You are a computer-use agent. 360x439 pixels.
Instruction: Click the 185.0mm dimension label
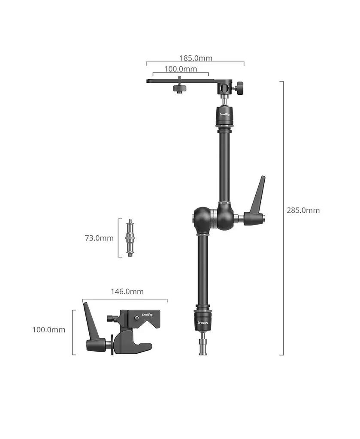coord(195,58)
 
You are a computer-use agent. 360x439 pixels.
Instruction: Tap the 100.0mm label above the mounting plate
coord(181,69)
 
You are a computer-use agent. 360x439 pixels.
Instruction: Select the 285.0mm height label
coord(303,210)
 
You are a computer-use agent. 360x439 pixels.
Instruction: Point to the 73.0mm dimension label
coord(99,238)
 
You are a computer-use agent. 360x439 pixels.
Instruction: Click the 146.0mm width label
coord(127,292)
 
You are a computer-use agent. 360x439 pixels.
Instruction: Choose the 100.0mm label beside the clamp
coord(49,330)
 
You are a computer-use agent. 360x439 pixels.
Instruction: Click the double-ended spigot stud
coord(130,238)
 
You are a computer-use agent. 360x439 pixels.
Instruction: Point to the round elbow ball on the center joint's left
coord(200,219)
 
